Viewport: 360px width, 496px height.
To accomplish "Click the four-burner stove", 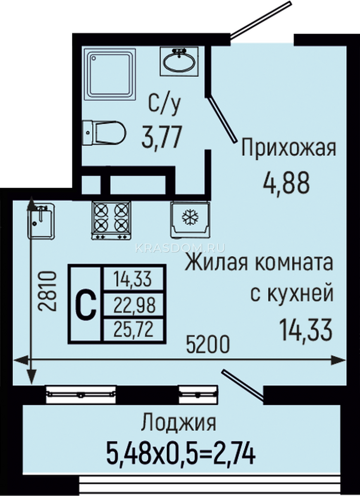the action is coord(111,220).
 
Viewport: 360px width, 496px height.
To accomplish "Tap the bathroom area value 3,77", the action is coord(162,137).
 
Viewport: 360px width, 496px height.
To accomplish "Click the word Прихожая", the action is coord(289,147).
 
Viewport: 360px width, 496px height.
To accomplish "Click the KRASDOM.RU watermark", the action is coord(180,248).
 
